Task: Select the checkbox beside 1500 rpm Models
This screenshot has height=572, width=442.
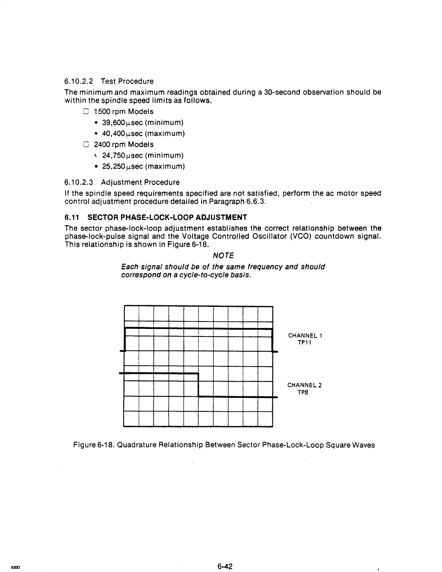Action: click(86, 112)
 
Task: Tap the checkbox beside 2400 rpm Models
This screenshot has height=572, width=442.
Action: click(86, 144)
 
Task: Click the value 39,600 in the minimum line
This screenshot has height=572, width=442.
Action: click(113, 123)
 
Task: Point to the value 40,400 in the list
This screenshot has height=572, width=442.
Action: click(113, 134)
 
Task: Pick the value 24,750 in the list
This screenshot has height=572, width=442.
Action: click(113, 156)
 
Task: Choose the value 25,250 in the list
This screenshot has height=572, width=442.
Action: click(113, 166)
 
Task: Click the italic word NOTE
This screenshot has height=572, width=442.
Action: click(223, 256)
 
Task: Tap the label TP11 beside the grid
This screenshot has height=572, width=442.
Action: click(305, 343)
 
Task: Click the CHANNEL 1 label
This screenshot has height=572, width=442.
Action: click(305, 335)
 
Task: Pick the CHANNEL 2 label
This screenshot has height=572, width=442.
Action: click(304, 385)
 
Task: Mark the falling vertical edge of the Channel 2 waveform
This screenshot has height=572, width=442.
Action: click(199, 385)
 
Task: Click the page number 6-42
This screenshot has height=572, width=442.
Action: click(225, 567)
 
